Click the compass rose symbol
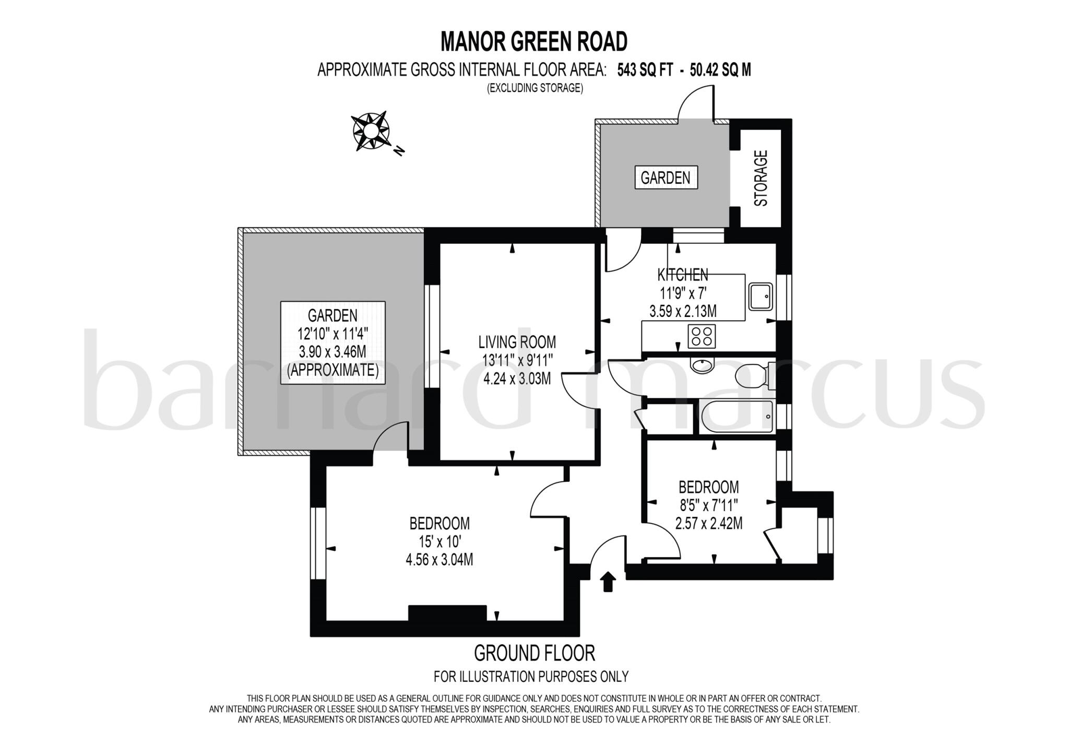coord(371,131)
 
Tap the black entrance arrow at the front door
coord(608,582)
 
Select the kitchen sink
coord(761,296)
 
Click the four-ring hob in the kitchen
coord(702,336)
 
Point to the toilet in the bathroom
coord(752,375)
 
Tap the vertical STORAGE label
coord(762,178)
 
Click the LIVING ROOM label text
coord(517,342)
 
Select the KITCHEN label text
coord(682,275)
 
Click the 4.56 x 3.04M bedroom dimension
coord(440,560)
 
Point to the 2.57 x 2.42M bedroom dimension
coord(708,523)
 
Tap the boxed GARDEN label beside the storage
coord(665,178)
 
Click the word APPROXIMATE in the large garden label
coord(332,370)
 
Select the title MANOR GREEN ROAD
coord(534,41)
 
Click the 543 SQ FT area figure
coord(645,70)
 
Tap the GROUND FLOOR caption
coord(534,653)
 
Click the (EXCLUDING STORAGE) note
coord(534,88)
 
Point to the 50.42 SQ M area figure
coord(720,70)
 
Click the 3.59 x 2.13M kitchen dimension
coord(682,312)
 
